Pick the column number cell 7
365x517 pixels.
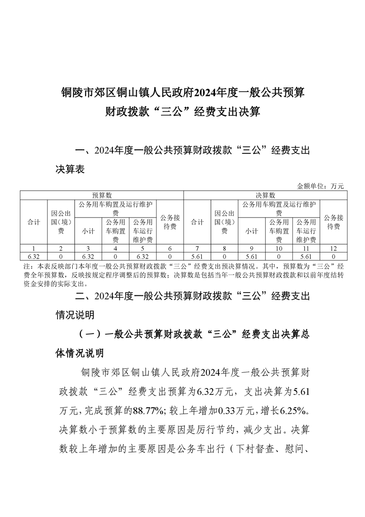(x=197, y=248)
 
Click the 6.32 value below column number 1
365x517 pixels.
(x=33, y=256)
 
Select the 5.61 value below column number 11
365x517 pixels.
(x=306, y=256)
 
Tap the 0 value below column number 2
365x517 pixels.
(x=61, y=256)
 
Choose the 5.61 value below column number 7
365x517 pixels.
(x=197, y=256)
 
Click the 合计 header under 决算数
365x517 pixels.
(x=197, y=222)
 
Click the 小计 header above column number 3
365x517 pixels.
(x=88, y=231)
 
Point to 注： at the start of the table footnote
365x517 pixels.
(x=27, y=267)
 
